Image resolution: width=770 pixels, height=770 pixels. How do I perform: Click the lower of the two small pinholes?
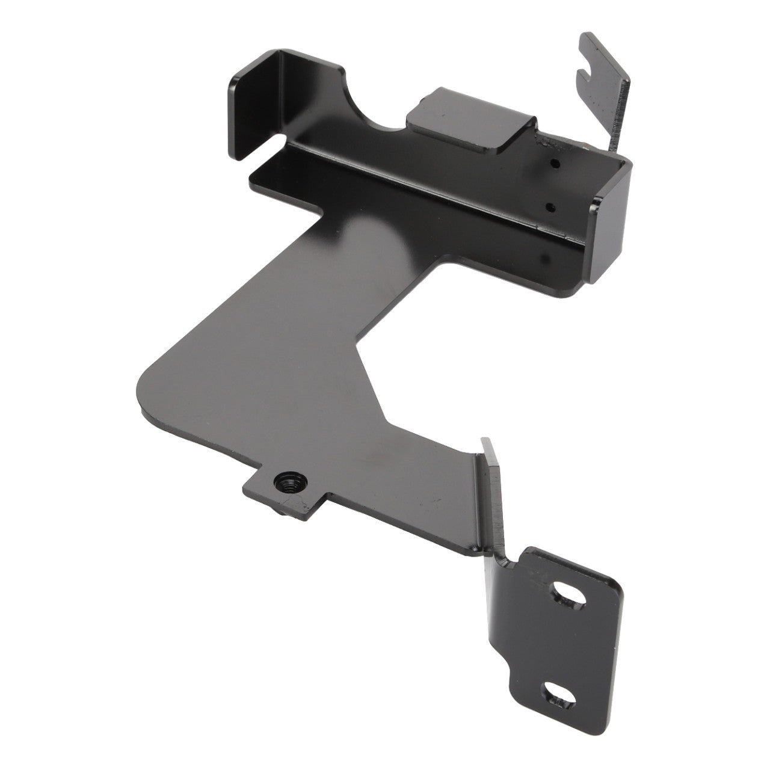pos(550,206)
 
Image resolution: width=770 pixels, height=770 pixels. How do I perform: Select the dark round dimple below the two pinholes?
pos(544,258)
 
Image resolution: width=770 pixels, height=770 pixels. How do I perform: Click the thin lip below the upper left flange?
pos(283,174)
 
